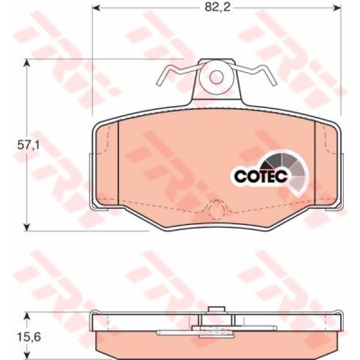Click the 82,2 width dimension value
(x=217, y=7)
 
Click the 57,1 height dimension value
(x=28, y=145)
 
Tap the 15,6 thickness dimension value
(x=29, y=337)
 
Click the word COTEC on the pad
(x=260, y=176)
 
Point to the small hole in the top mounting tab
(x=216, y=77)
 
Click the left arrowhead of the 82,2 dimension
(x=95, y=8)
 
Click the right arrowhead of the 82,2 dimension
(x=337, y=8)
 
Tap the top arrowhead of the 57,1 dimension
(x=27, y=62)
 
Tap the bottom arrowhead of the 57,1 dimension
(x=27, y=227)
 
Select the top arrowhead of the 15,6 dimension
(x=27, y=316)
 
